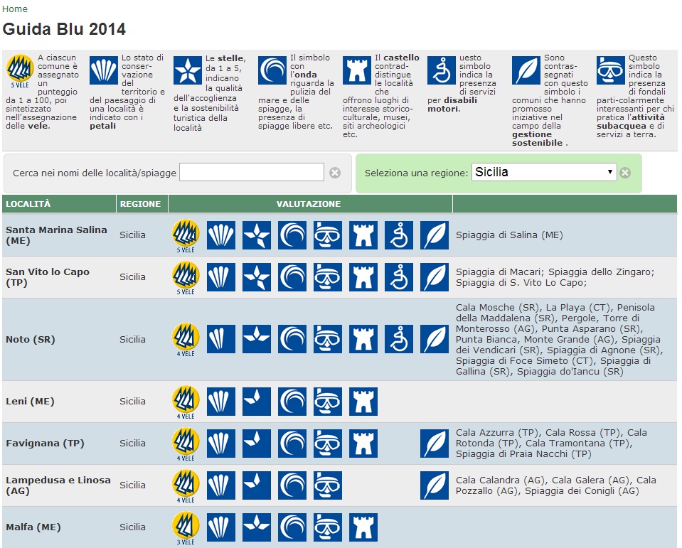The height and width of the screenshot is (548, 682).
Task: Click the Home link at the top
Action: (15, 9)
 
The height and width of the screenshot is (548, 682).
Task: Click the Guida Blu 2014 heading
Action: (64, 29)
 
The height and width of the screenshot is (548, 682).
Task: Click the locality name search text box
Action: (252, 172)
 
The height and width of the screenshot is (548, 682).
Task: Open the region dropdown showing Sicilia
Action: (543, 172)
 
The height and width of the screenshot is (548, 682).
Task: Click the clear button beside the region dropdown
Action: (624, 172)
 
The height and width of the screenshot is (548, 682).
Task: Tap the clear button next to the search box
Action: (335, 172)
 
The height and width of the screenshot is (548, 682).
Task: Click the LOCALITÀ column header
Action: (28, 204)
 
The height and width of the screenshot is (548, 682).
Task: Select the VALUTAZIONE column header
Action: (309, 204)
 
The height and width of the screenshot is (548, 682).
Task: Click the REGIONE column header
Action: (140, 204)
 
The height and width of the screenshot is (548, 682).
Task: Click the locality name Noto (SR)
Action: (30, 339)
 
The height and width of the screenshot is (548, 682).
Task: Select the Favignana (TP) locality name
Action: (45, 443)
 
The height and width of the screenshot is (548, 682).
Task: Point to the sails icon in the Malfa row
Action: (186, 527)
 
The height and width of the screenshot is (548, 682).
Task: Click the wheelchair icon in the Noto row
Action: (399, 339)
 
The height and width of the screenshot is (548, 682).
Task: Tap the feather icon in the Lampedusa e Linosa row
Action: (435, 485)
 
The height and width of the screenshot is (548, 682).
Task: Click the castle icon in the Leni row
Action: (363, 402)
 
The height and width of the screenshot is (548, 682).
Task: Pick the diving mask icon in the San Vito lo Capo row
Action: (328, 276)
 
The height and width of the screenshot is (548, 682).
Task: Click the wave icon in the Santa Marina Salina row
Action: (292, 235)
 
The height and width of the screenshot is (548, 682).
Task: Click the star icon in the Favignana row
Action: (257, 443)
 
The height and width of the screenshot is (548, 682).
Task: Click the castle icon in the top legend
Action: (357, 71)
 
